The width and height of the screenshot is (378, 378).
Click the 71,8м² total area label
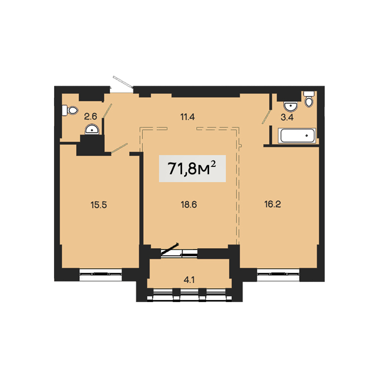pyautogui.click(x=192, y=168)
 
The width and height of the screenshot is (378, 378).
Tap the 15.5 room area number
pyautogui.click(x=99, y=205)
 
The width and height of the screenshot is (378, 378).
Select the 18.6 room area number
pyautogui.click(x=189, y=204)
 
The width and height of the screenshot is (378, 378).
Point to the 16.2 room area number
pyautogui.click(x=273, y=204)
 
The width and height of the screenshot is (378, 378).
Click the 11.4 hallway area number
pyautogui.click(x=187, y=117)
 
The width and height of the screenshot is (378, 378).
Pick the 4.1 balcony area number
pyautogui.click(x=189, y=280)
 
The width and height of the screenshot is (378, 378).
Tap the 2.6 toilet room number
pyautogui.click(x=90, y=117)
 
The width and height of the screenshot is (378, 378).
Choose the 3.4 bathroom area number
pyautogui.click(x=287, y=118)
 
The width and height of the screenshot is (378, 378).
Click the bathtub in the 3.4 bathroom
pyautogui.click(x=297, y=136)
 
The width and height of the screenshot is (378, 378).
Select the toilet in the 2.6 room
pyautogui.click(x=70, y=111)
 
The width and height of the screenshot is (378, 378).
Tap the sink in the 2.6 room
pyautogui.click(x=92, y=129)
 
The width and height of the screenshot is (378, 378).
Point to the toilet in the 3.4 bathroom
pyautogui.click(x=309, y=99)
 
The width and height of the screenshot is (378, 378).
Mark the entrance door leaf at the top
pyautogui.click(x=123, y=82)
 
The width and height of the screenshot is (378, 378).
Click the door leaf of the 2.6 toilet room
pyautogui.click(x=107, y=111)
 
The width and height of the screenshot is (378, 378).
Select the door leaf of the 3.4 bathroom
pyautogui.click(x=267, y=117)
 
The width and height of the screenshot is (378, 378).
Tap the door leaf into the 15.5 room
pyautogui.click(x=119, y=148)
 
